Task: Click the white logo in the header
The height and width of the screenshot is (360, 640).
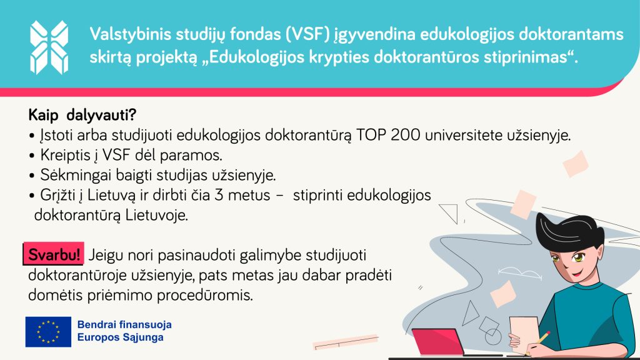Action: pos(49,47)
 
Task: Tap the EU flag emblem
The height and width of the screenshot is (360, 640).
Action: pos(48,332)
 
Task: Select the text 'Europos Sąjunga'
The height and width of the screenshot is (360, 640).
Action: pos(121,337)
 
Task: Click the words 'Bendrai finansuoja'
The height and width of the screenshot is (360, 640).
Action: pos(124,325)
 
